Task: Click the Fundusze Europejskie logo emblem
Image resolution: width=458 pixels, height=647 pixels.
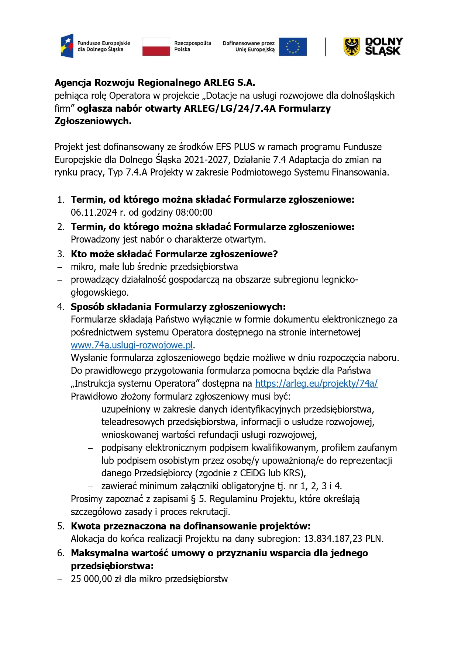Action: pyautogui.click(x=67, y=46)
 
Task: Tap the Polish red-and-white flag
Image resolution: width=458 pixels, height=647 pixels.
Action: pyautogui.click(x=156, y=46)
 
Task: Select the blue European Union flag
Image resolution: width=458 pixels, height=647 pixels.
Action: pyautogui.click(x=293, y=47)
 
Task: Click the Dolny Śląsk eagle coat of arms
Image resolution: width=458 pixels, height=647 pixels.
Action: pyautogui.click(x=351, y=46)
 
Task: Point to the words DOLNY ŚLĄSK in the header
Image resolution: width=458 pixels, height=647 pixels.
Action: pyautogui.click(x=383, y=46)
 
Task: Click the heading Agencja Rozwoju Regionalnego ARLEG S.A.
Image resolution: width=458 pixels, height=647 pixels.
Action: pyautogui.click(x=155, y=83)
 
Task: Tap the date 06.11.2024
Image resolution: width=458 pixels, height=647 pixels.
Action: pyautogui.click(x=94, y=212)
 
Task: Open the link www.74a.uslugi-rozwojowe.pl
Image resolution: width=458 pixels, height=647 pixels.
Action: pyautogui.click(x=132, y=345)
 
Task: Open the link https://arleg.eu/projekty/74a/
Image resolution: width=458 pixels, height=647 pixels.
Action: pyautogui.click(x=316, y=383)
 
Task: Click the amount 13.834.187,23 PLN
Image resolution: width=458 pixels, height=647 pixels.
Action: pyautogui.click(x=343, y=539)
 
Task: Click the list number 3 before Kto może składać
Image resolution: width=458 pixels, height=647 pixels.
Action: pyautogui.click(x=61, y=254)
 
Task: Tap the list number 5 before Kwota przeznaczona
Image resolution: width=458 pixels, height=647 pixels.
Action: pyautogui.click(x=61, y=526)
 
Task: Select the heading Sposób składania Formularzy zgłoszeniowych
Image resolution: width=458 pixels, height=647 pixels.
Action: pyautogui.click(x=178, y=307)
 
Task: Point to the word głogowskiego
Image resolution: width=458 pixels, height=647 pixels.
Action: pyautogui.click(x=99, y=292)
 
